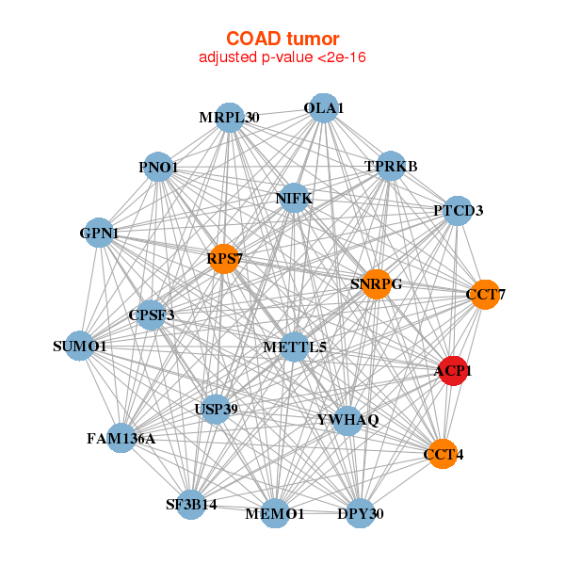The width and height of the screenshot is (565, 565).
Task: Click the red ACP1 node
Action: point(453,371)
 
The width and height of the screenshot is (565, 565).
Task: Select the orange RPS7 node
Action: point(224,259)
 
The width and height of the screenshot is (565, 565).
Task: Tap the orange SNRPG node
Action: point(377,284)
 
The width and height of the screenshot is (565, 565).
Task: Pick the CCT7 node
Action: point(485,295)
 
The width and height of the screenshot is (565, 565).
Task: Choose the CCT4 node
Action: point(444,454)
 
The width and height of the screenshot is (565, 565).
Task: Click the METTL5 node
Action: point(295,347)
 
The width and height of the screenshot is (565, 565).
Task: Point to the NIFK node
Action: point(294,198)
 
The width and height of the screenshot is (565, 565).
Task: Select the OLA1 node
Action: point(324,108)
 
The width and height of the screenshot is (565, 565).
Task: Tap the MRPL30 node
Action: point(230,118)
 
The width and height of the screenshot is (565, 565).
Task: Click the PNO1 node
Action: point(158,167)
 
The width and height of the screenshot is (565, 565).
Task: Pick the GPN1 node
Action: point(99,233)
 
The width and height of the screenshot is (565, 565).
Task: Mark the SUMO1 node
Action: point(80,346)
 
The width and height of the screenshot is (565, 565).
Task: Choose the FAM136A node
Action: point(121,438)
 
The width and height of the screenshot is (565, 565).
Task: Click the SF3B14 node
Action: point(191,505)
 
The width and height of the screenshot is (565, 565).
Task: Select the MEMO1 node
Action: point(275,513)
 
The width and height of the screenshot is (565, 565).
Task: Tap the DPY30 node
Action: point(361,513)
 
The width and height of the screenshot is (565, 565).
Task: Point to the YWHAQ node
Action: point(347,421)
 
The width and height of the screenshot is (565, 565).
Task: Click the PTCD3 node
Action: point(458,211)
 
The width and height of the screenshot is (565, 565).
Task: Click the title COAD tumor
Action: point(282,39)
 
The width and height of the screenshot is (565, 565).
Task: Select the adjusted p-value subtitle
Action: point(282,57)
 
